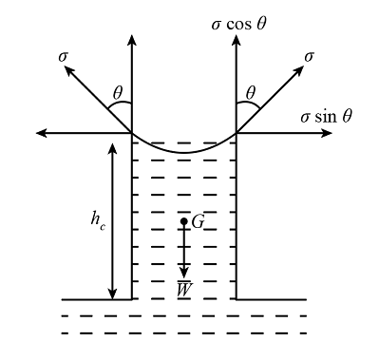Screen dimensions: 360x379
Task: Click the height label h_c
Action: [x=98, y=219]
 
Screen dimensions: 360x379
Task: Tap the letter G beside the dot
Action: [x=198, y=222]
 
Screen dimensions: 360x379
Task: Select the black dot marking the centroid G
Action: [x=184, y=222]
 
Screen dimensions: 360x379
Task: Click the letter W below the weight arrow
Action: [x=184, y=287]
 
